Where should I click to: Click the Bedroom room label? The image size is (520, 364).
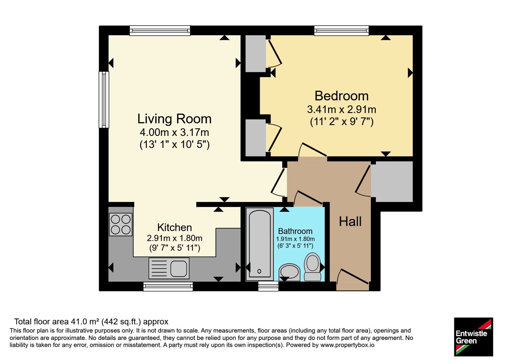pos(342,96)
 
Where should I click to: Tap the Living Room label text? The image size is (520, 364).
pos(174,119)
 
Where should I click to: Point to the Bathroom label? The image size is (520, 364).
pos(295,231)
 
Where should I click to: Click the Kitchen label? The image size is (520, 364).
pos(175,227)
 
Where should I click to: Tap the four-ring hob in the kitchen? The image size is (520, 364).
pos(121,225)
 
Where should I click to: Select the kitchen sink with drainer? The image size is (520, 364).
pos(169,268)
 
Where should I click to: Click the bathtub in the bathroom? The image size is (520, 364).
pos(260,244)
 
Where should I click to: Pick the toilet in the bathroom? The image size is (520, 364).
pos(313,267)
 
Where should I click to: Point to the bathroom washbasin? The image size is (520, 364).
pos(290,272)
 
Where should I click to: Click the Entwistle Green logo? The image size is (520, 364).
pos(474,337)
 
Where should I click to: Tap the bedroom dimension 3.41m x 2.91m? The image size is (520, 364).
pos(342,109)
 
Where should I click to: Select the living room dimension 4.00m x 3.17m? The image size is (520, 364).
pos(174,132)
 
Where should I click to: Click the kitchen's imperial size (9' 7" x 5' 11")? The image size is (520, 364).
pos(175,248)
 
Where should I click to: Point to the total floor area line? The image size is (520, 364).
pos(91,321)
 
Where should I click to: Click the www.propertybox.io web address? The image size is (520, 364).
pos(347,345)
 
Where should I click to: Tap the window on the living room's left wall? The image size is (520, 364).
pos(104,99)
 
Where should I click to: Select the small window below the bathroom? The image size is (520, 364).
pos(268,286)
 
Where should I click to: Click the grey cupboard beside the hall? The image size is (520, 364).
pos(394,182)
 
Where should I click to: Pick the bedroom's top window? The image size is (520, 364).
pos(342,31)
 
